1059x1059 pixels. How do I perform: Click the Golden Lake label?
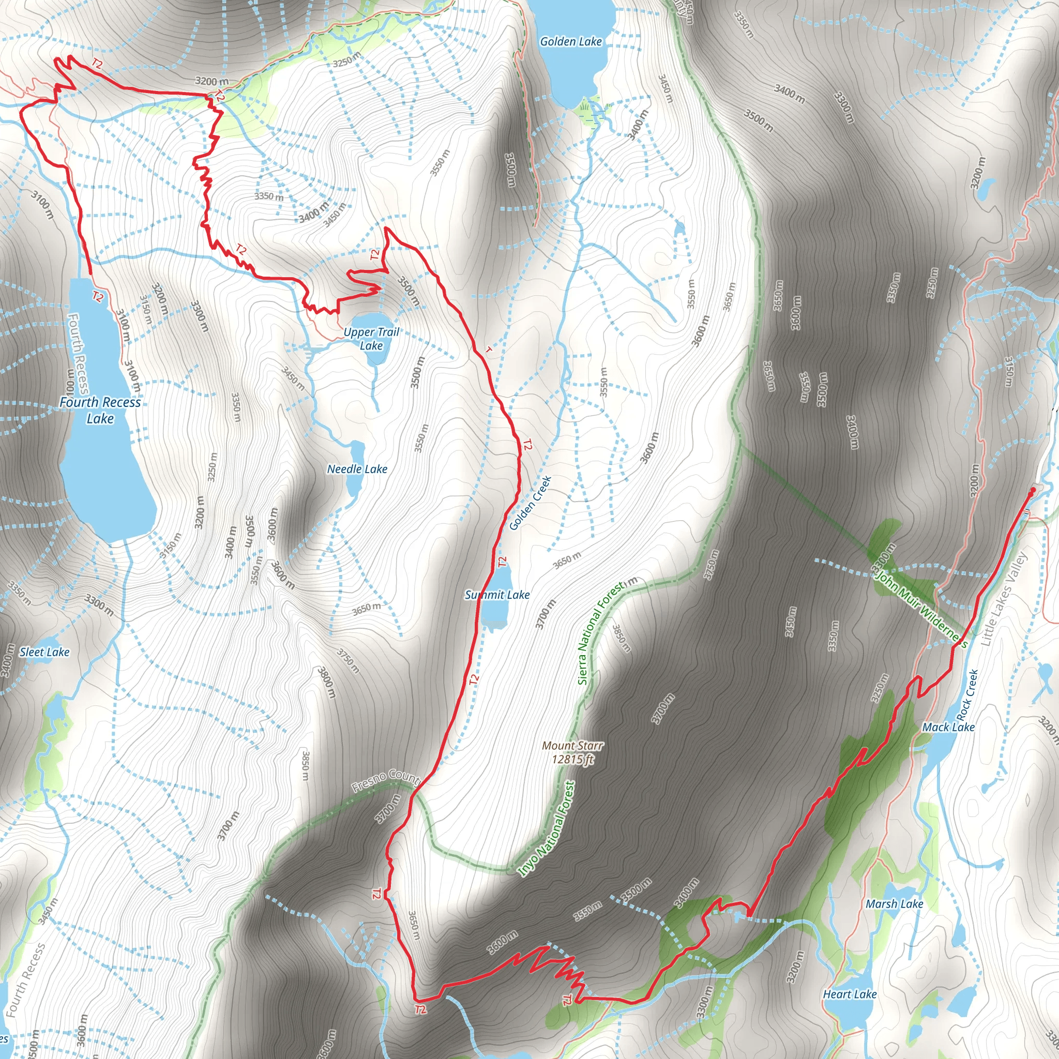click(571, 42)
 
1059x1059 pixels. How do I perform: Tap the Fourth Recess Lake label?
click(100, 410)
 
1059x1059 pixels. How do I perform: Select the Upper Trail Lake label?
click(371, 339)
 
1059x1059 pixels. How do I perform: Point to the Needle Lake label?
click(357, 469)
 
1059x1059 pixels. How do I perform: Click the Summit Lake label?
click(497, 595)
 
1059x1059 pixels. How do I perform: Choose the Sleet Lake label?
click(44, 652)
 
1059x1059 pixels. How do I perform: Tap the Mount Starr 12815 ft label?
click(573, 752)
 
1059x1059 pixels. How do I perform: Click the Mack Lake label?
click(948, 728)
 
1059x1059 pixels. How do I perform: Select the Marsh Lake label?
click(895, 904)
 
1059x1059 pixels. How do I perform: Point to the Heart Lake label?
click(850, 979)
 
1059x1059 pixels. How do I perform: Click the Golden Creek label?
click(530, 503)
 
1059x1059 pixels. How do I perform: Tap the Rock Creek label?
click(967, 695)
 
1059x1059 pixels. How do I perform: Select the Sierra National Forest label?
click(600, 633)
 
